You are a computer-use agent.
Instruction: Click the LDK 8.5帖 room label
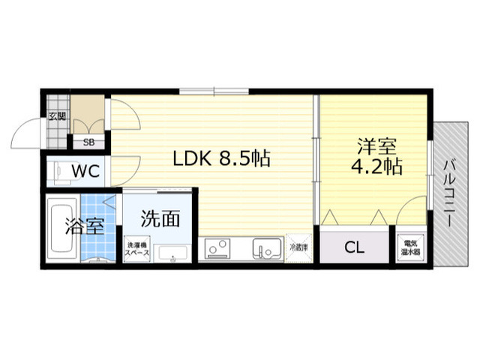click(221, 159)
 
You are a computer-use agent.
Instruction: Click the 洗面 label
click(160, 219)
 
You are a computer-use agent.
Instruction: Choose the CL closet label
click(355, 248)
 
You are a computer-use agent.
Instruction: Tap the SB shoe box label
click(88, 142)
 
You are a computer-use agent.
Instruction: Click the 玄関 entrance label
click(56, 116)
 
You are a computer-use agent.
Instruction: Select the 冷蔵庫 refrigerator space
click(298, 247)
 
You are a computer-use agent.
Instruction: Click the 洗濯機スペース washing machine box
click(137, 249)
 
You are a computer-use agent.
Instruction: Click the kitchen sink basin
click(265, 248)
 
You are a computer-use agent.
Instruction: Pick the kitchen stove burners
click(219, 248)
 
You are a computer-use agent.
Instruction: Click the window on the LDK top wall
click(214, 91)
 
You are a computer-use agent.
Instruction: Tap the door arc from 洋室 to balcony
click(412, 210)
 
